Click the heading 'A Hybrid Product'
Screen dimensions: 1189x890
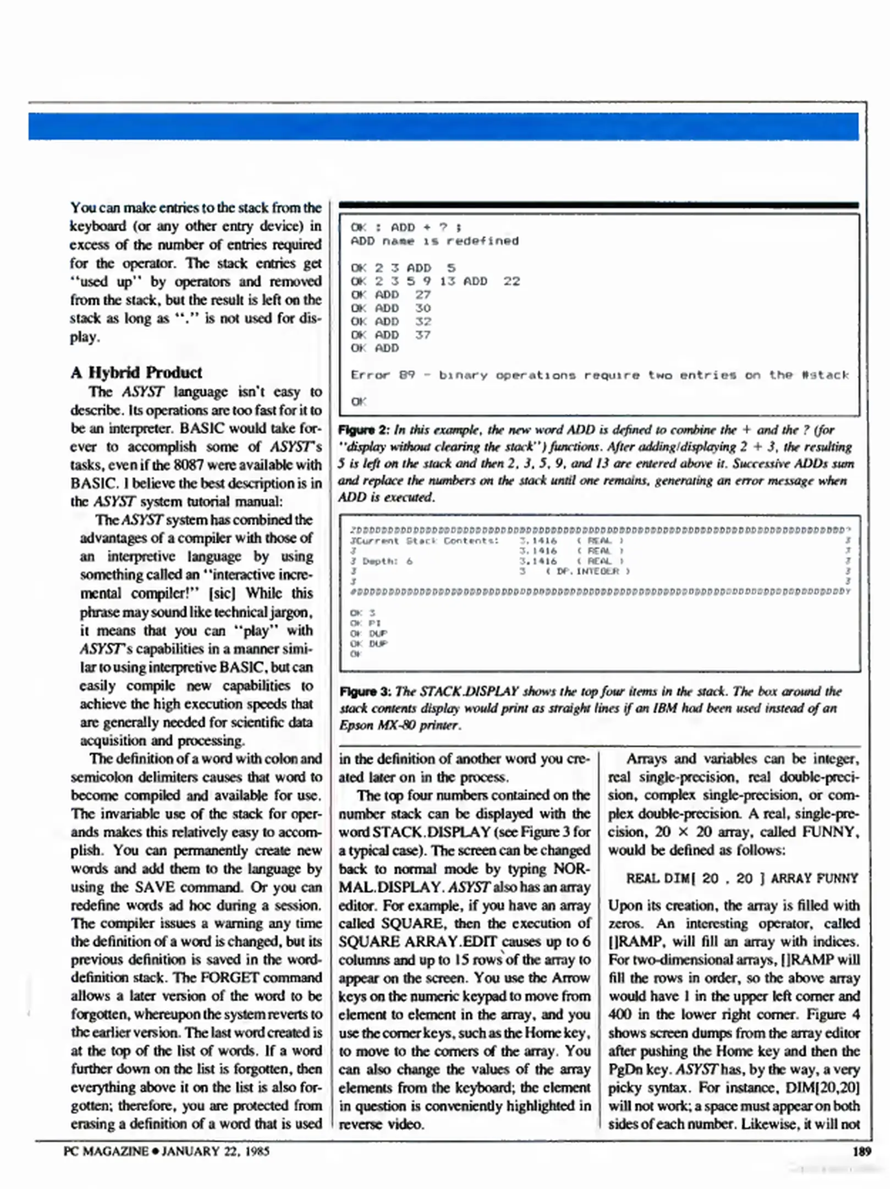[136, 373]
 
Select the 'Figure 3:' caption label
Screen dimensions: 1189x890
[365, 691]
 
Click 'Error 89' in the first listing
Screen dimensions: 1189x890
[383, 375]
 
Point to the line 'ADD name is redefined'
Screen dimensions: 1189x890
[435, 241]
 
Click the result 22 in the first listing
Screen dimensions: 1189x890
[512, 281]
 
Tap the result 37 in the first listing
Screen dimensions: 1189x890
[423, 335]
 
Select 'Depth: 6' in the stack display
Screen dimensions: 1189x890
[387, 561]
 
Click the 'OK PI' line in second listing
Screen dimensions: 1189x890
[366, 623]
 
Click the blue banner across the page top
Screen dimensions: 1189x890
[443, 126]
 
